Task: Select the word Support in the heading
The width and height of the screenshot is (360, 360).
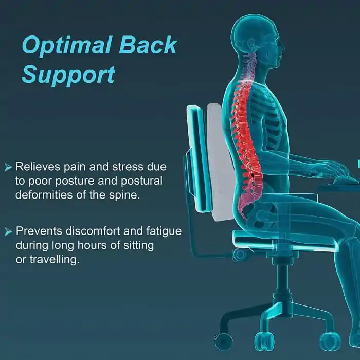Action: (68, 75)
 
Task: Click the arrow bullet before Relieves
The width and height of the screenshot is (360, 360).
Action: (8, 167)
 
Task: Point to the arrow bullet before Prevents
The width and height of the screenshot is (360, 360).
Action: (8, 232)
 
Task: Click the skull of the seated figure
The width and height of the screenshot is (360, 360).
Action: (257, 36)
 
